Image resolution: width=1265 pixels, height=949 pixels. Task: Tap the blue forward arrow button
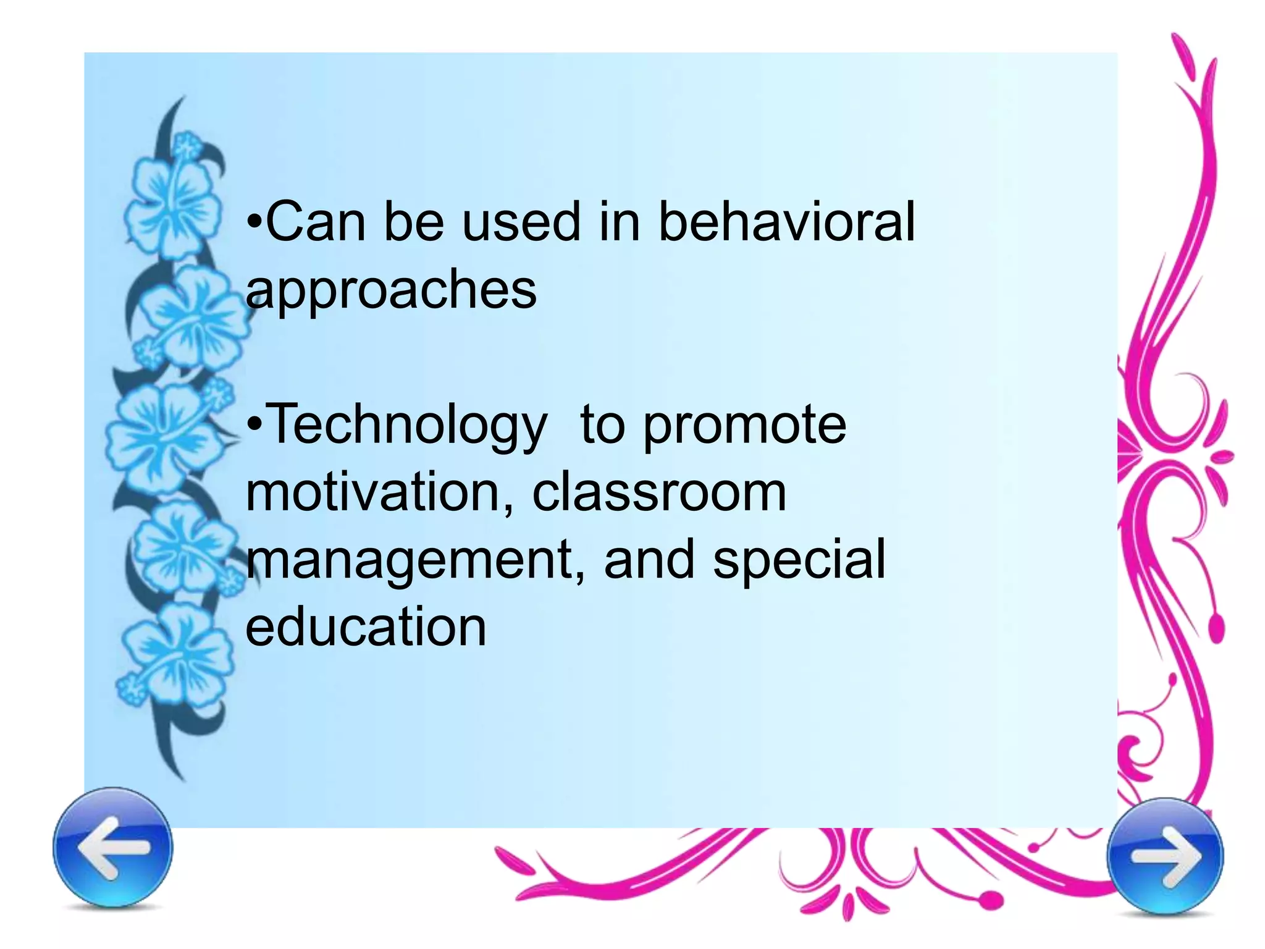click(1165, 856)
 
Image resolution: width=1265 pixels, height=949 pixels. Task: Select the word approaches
click(391, 290)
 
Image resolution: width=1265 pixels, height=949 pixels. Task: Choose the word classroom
click(659, 492)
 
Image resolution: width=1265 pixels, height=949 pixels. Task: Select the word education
click(366, 627)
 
